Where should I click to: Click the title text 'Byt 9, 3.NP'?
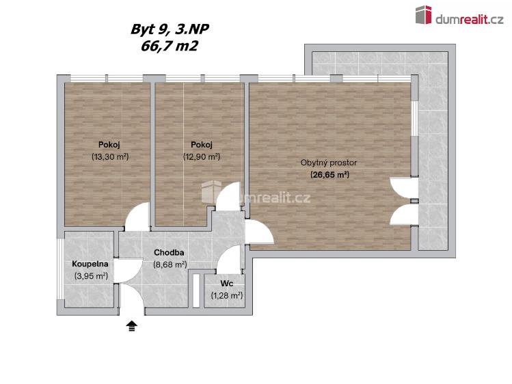pyautogui.click(x=168, y=29)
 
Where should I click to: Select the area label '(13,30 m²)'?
pyautogui.click(x=109, y=156)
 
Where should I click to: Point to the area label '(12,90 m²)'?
pyautogui.click(x=201, y=156)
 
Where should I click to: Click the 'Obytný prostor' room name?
pyautogui.click(x=329, y=163)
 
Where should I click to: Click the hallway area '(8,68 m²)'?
pyautogui.click(x=170, y=264)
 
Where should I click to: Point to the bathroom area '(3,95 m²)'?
pyautogui.click(x=91, y=276)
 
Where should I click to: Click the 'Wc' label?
pyautogui.click(x=227, y=283)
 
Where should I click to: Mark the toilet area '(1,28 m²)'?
pyautogui.click(x=227, y=295)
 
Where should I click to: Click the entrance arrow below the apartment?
pyautogui.click(x=131, y=326)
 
